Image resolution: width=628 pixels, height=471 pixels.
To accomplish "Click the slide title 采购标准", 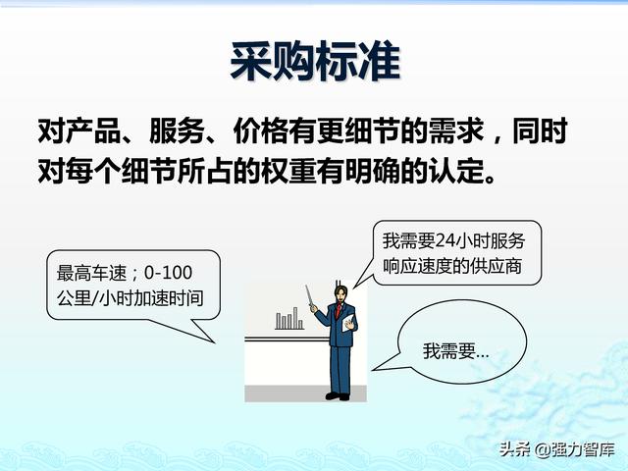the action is (x=315, y=62).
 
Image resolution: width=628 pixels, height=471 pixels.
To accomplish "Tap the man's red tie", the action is (x=339, y=310).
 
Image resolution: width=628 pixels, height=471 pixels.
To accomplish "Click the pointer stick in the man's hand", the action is (x=309, y=296).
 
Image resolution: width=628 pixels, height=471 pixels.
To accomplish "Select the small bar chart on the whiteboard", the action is (x=289, y=319).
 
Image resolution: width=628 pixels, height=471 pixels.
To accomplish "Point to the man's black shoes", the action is (x=338, y=396).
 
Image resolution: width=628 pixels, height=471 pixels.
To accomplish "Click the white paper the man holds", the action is (x=349, y=323).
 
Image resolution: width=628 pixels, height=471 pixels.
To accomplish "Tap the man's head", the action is (x=341, y=293).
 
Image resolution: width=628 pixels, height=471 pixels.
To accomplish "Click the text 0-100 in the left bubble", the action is (x=168, y=273).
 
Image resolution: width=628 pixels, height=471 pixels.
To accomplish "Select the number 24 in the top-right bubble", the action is (x=445, y=240).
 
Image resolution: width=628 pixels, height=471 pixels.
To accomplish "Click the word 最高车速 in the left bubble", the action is (x=91, y=273).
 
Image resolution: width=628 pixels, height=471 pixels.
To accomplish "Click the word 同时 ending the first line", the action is (x=541, y=131).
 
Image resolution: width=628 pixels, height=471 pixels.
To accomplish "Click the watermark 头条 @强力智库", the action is (x=556, y=449).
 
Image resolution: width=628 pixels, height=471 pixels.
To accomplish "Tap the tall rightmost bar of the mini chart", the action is (x=295, y=318).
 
